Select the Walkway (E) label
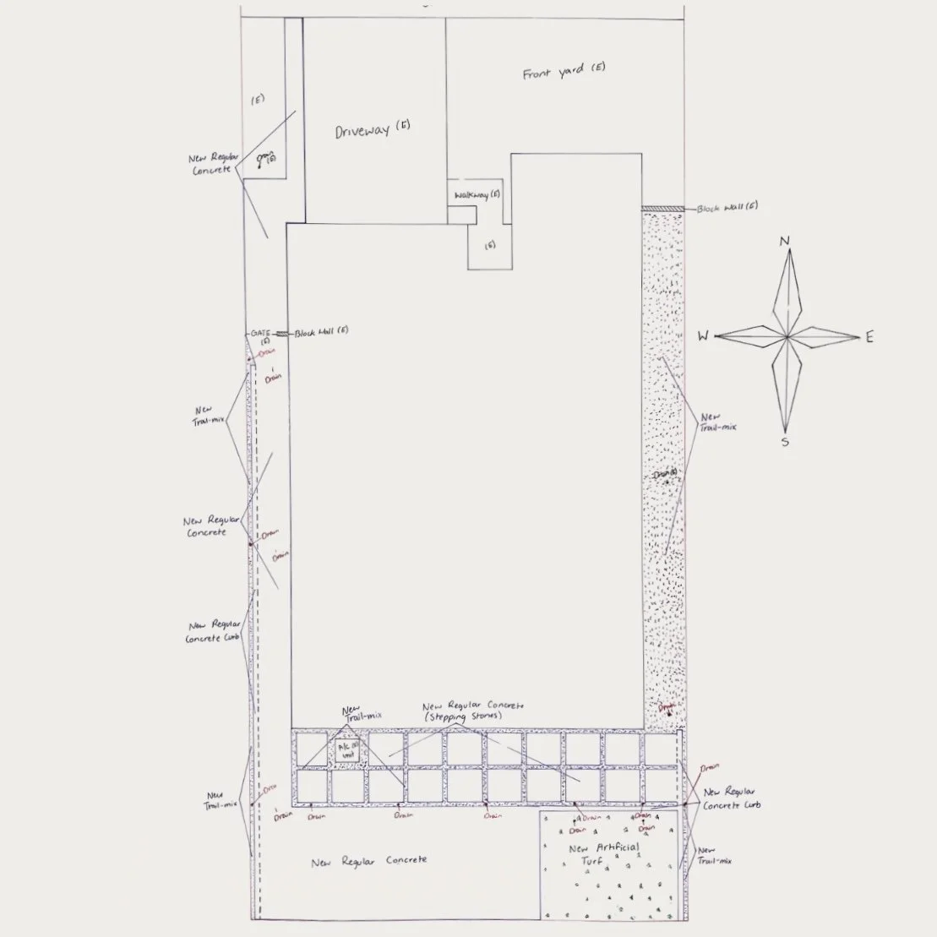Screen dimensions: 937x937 pos(477,195)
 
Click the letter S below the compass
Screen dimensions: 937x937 pos(785,441)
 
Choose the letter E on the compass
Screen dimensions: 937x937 pos(869,338)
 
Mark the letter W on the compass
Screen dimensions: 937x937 pos(703,336)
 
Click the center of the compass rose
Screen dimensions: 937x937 pos(786,337)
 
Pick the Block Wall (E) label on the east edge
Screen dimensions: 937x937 pos(727,208)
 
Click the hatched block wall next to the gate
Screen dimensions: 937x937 pos(282,334)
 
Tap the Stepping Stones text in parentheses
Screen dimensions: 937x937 pos(474,716)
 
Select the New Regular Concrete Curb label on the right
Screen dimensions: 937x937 pos(732,798)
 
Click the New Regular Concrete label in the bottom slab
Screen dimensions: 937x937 pos(368,862)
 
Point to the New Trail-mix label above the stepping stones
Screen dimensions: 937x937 pos(362,713)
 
